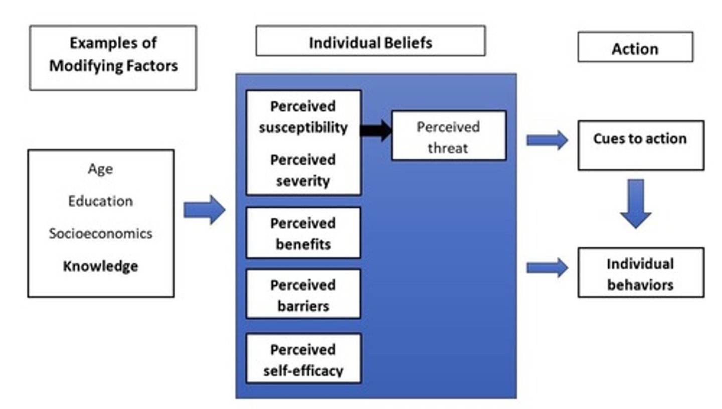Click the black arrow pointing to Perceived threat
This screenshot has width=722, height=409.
(x=376, y=130)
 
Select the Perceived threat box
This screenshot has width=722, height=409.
(x=448, y=136)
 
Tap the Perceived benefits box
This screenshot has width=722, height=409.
(x=303, y=233)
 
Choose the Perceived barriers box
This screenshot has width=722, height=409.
(x=303, y=295)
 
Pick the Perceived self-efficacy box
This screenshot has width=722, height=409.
(x=303, y=359)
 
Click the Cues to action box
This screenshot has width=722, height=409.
(x=640, y=145)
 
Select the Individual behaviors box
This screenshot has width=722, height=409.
(x=640, y=273)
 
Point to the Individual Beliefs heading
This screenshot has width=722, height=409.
(x=370, y=42)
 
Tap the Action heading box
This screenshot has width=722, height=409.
(x=635, y=48)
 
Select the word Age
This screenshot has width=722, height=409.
(x=100, y=169)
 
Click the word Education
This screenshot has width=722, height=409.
(x=100, y=201)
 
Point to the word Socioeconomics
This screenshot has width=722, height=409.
(x=100, y=233)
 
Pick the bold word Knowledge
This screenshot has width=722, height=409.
(x=100, y=266)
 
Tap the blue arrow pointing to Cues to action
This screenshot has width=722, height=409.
(x=547, y=140)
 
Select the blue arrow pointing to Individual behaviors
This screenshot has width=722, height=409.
(x=547, y=268)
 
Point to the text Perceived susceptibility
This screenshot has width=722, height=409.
(x=303, y=117)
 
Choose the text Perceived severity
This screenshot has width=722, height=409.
(x=303, y=170)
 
